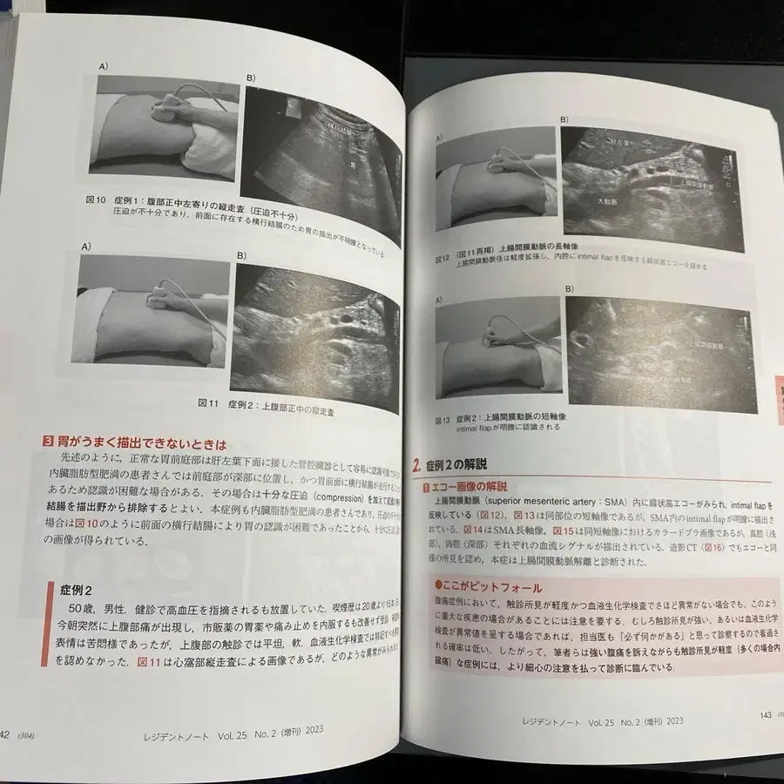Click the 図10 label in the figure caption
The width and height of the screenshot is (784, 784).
pos(97,199)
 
